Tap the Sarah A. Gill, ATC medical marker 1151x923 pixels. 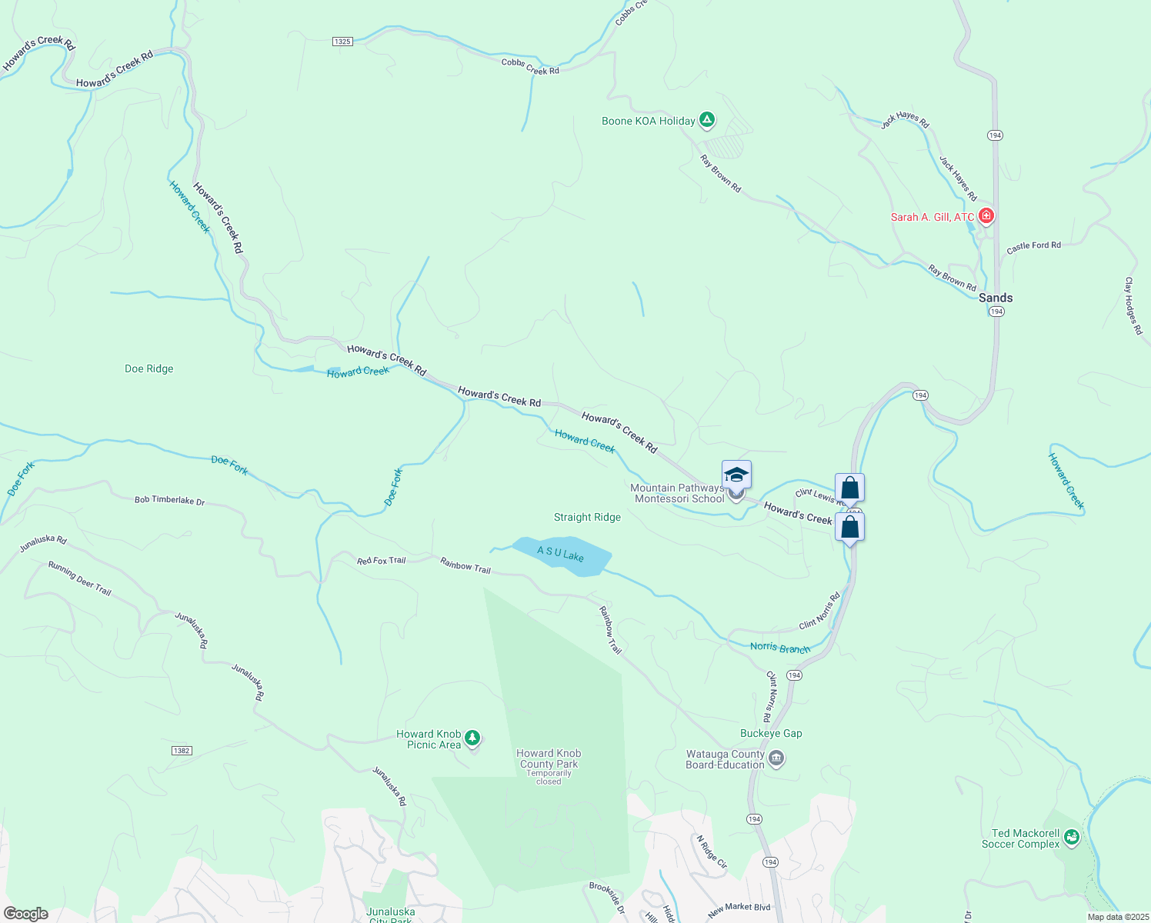(x=986, y=216)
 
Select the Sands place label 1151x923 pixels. (x=996, y=298)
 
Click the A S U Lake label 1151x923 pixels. (x=560, y=554)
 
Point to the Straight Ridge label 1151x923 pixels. (x=587, y=518)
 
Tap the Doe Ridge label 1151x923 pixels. (x=149, y=369)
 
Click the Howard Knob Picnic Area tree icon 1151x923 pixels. (x=472, y=738)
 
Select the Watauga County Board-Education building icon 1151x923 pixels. (x=776, y=760)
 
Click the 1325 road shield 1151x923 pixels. (x=343, y=42)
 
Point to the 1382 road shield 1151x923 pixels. (x=182, y=751)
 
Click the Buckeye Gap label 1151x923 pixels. (x=771, y=734)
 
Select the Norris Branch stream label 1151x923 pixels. (x=780, y=648)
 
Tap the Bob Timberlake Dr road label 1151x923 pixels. (x=169, y=501)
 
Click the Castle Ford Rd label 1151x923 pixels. (x=1033, y=247)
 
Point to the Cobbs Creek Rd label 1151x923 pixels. (x=530, y=67)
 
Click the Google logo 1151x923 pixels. (x=26, y=914)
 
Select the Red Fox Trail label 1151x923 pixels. (x=381, y=561)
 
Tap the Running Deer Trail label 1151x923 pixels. (x=80, y=578)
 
